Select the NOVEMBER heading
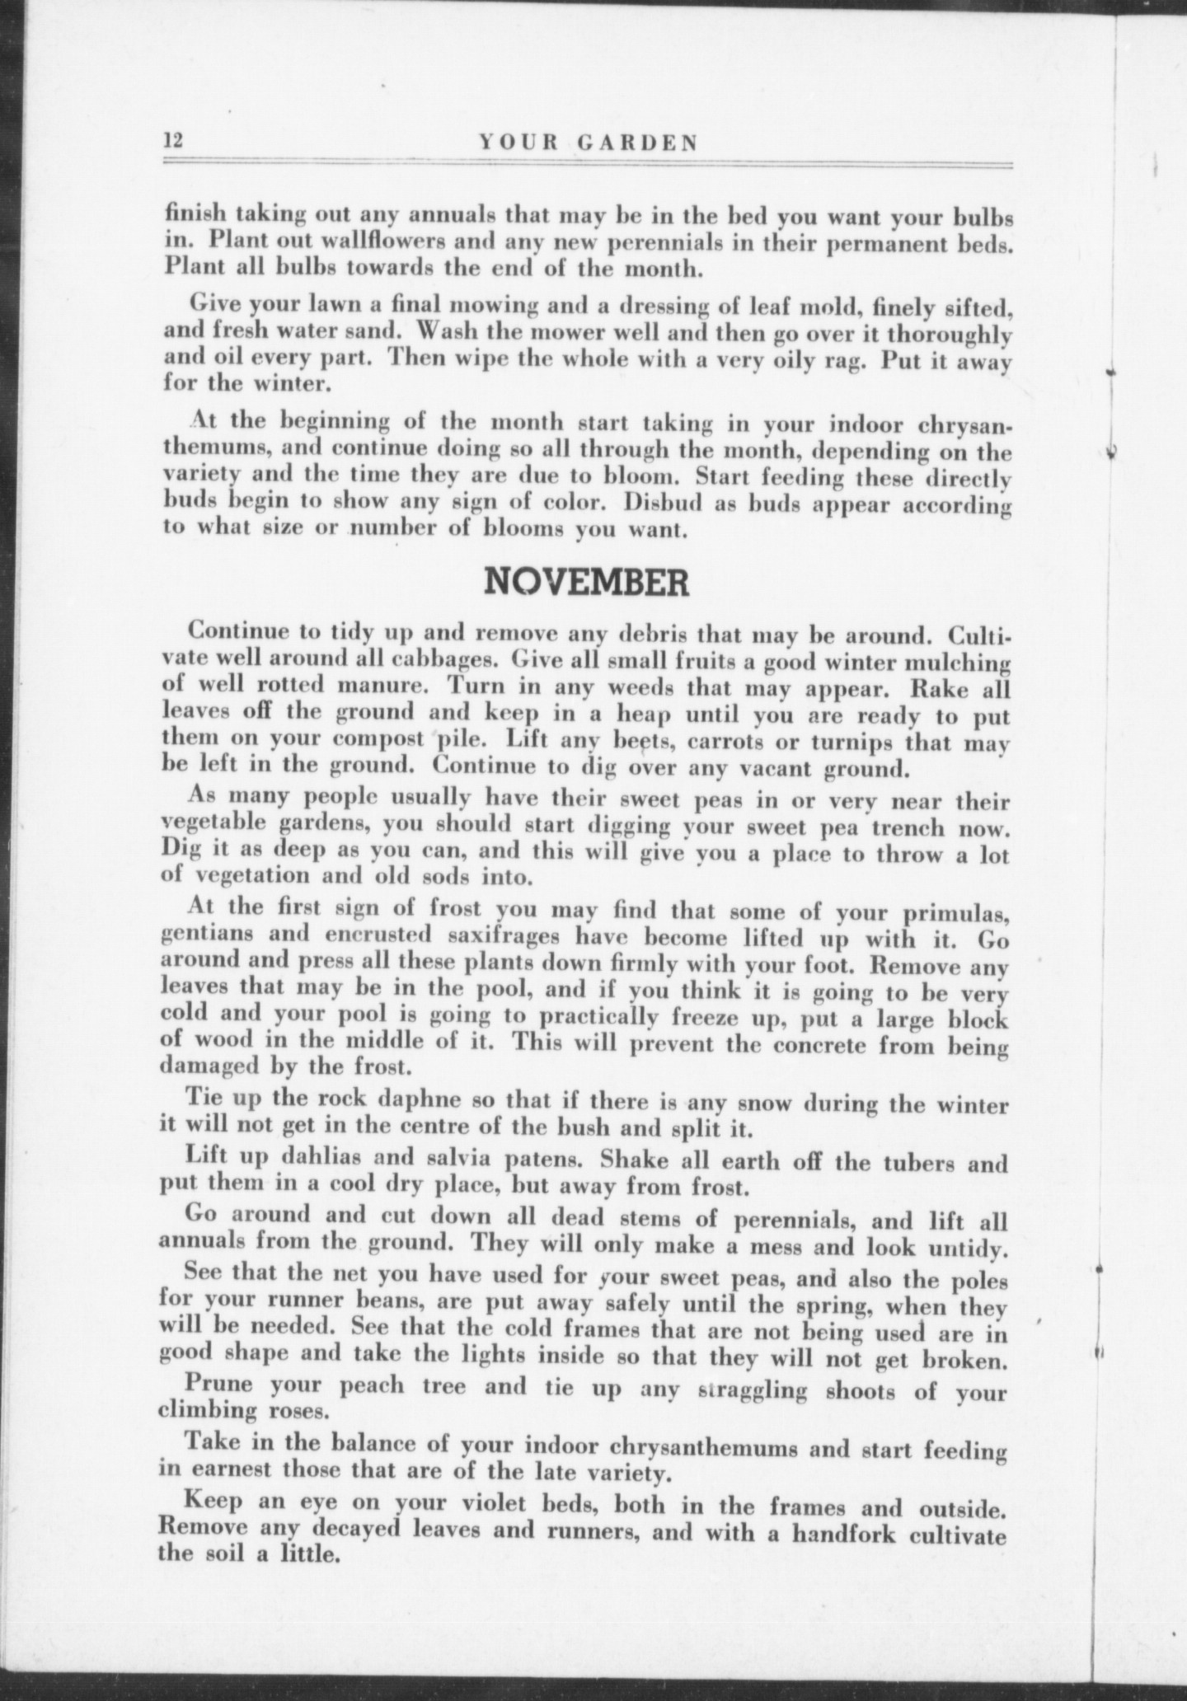point(585,583)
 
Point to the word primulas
point(952,914)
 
